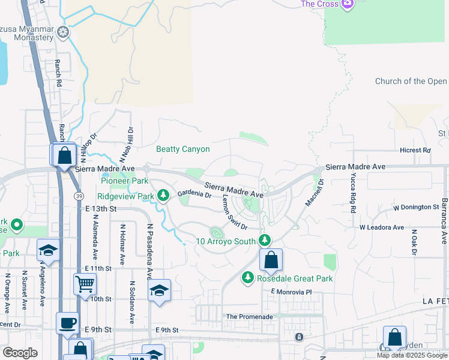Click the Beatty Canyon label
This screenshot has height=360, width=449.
pos(183,149)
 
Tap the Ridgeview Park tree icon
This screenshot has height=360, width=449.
pos(163,196)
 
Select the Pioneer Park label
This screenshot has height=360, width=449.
pos(124,181)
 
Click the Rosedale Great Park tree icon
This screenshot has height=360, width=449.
pos(247,278)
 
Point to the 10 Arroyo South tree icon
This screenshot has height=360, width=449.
pos(265,241)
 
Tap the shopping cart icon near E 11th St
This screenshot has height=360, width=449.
pos(85,283)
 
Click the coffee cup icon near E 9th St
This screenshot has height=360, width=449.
pos(67,323)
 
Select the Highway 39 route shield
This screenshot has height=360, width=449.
pos(79,196)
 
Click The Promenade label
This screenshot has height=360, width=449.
pos(249,317)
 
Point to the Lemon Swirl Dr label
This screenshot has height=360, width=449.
pos(235,211)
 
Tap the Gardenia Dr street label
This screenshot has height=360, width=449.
pos(194,194)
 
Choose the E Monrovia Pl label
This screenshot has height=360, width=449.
pos(292,292)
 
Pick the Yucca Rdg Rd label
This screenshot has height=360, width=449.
pos(353,194)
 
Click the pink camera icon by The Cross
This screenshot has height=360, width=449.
pos(347,4)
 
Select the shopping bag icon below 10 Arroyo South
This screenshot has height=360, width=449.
pos(271,260)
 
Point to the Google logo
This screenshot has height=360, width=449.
pos(20,353)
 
